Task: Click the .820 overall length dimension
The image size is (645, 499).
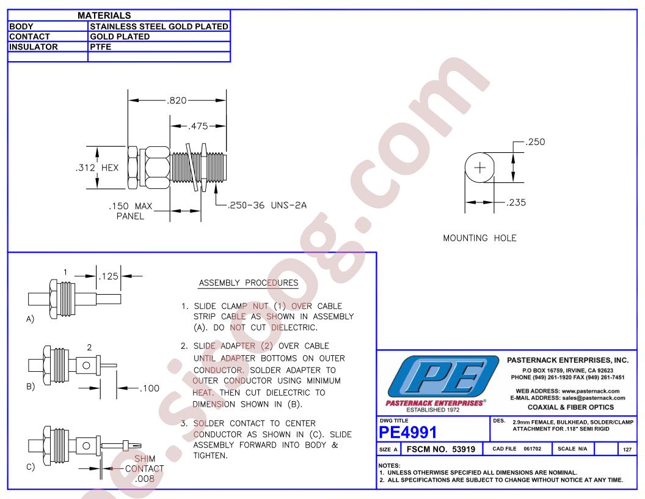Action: pos(177,100)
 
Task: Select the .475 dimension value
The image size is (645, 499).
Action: pos(199,126)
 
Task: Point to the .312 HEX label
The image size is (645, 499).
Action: pos(97,168)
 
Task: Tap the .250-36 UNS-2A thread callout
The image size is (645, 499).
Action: pos(268,205)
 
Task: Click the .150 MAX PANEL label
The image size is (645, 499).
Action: pos(130,211)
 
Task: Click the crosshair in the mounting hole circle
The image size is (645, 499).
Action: pos(480,168)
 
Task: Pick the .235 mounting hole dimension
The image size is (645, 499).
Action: pos(516,202)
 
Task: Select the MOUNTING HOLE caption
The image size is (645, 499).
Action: pos(479,238)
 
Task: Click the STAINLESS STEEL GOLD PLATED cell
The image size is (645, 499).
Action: pos(159,26)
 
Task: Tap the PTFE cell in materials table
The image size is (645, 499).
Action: pos(100,46)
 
